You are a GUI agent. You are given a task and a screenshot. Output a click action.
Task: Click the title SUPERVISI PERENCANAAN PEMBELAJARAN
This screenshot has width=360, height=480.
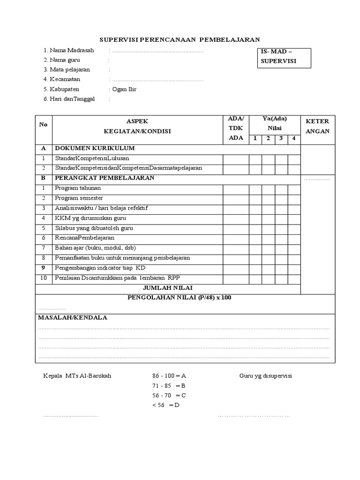coord(180,40)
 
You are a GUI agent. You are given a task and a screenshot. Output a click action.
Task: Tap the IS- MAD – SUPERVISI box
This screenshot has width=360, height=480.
coord(284,57)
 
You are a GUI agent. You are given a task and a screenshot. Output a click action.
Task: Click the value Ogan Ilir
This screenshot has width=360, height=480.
coord(124,89)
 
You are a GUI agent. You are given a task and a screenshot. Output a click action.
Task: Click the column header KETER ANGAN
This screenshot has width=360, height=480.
coord(317,126)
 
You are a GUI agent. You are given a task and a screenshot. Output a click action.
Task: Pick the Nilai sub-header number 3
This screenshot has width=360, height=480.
coord(281,138)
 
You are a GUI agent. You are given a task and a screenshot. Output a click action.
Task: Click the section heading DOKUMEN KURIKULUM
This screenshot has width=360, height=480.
coord(95,148)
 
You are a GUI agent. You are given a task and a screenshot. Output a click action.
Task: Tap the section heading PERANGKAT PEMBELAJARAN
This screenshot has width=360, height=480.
coord(105,178)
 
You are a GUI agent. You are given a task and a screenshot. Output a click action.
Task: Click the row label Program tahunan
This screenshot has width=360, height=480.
coord(78,188)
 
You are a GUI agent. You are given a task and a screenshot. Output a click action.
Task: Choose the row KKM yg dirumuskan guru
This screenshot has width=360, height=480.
coord(90,218)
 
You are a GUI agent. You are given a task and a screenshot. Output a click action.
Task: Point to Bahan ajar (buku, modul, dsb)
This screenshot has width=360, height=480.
coord(95,248)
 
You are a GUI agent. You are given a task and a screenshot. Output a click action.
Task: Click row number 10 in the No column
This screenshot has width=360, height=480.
coord(44,278)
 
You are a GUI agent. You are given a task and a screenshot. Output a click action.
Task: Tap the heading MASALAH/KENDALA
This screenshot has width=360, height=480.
coord(73,317)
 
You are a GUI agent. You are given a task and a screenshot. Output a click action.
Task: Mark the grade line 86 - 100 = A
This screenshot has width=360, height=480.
coord(169,376)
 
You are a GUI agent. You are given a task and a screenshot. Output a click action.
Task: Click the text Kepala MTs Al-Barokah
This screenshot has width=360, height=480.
coord(77,376)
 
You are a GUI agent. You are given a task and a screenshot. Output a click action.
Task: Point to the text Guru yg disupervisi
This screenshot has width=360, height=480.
coord(265,376)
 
